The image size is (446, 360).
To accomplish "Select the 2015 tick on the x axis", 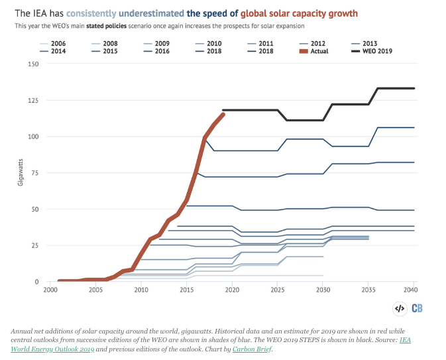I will [x=186, y=290].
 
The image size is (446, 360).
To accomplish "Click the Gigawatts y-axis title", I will [x=21, y=173].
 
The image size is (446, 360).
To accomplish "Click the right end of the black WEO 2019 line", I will [x=414, y=88].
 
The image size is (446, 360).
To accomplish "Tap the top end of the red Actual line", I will [x=223, y=114].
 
